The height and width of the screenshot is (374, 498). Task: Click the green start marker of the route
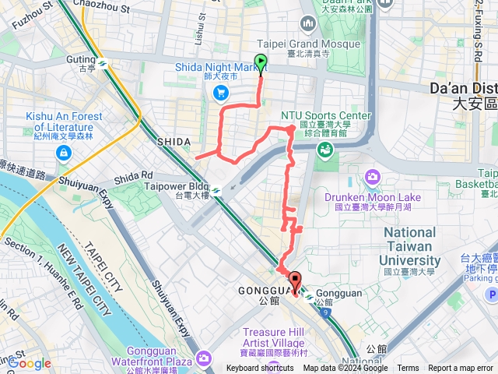pyautogui.click(x=260, y=63)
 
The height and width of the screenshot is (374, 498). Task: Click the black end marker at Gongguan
pyautogui.click(x=295, y=281)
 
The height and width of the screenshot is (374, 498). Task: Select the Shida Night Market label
pyautogui.click(x=227, y=68)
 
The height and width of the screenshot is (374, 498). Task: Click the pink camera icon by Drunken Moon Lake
pyautogui.click(x=373, y=176)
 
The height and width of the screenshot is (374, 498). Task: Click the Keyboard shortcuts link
pyautogui.click(x=260, y=369)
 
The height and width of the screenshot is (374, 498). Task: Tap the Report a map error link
pyautogui.click(x=461, y=369)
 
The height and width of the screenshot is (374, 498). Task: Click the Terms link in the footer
pyautogui.click(x=408, y=369)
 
